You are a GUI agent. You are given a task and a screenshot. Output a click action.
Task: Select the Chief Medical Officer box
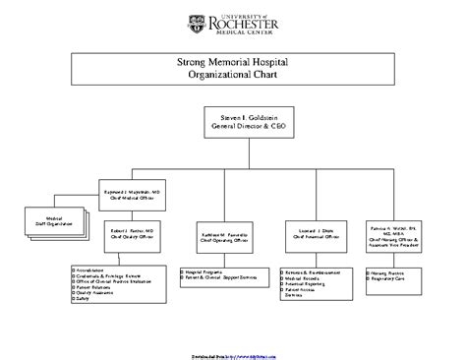[139, 194]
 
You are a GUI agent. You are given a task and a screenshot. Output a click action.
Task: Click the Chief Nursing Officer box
[397, 237]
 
